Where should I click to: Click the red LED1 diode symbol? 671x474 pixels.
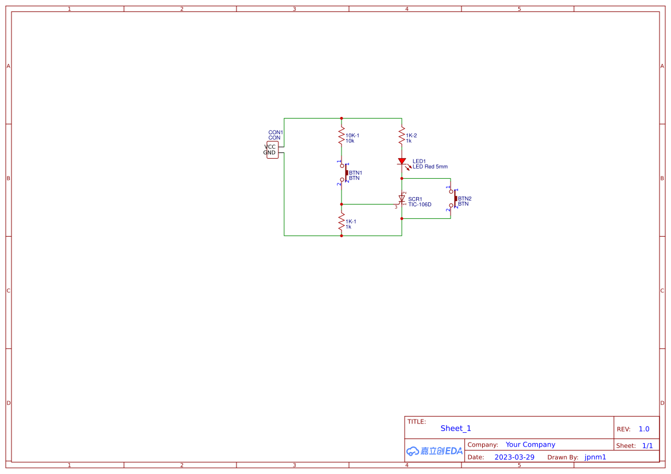(402, 162)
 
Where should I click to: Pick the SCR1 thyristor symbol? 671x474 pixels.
(402, 199)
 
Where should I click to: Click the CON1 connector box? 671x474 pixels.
(273, 150)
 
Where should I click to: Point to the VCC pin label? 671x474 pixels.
(270, 147)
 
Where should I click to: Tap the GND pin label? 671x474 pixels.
(269, 153)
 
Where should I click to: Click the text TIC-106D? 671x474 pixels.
(420, 205)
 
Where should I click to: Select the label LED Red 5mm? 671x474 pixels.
(430, 167)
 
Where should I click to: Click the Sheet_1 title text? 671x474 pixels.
(456, 428)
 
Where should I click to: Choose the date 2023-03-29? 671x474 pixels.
(514, 457)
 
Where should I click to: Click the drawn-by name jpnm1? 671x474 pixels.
(595, 457)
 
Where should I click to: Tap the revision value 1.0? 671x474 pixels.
(644, 429)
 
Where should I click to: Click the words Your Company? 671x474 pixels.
(530, 445)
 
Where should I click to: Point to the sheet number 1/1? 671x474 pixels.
(647, 445)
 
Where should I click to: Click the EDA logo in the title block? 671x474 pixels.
(435, 451)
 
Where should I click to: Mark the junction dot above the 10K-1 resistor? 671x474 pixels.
(342, 119)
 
